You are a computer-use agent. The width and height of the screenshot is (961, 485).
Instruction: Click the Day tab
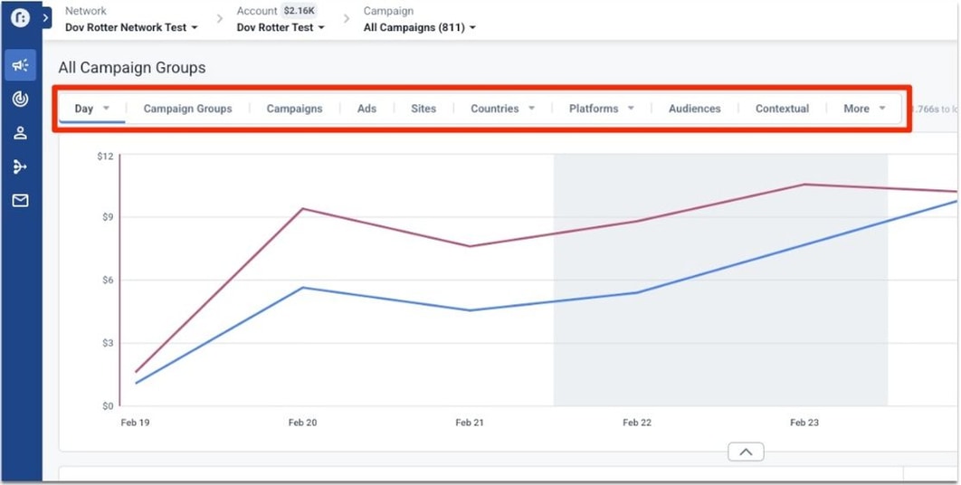90,109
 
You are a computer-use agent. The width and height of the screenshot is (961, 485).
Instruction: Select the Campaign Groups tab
187,109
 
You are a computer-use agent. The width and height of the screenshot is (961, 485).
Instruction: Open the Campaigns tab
294,109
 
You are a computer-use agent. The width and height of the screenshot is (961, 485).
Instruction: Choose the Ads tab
366,109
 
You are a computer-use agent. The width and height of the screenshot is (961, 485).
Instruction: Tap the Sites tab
423,109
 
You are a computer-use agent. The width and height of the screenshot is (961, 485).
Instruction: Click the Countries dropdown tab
502,109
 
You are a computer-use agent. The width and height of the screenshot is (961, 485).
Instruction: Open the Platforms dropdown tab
601,109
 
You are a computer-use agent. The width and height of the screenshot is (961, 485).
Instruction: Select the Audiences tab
695,109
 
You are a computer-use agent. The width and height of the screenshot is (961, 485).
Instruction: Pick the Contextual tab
782,109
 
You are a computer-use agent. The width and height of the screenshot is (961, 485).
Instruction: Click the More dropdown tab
863,109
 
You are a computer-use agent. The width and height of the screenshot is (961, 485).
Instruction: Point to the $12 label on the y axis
105,157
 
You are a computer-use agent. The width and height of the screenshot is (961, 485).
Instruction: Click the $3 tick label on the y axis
105,343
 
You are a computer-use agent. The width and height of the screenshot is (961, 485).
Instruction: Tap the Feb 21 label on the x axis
470,423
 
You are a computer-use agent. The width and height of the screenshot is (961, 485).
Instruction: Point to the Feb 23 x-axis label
804,423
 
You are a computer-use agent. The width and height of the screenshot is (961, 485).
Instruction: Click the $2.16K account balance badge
300,11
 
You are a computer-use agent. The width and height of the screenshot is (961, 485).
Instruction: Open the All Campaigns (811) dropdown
419,27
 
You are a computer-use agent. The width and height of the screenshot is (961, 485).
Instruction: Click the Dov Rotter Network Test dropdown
131,27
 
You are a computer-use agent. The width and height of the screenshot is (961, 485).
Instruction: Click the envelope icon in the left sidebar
21,201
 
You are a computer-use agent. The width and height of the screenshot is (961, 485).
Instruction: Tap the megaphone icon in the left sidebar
21,65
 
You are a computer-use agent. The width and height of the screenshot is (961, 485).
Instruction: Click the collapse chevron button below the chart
746,452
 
